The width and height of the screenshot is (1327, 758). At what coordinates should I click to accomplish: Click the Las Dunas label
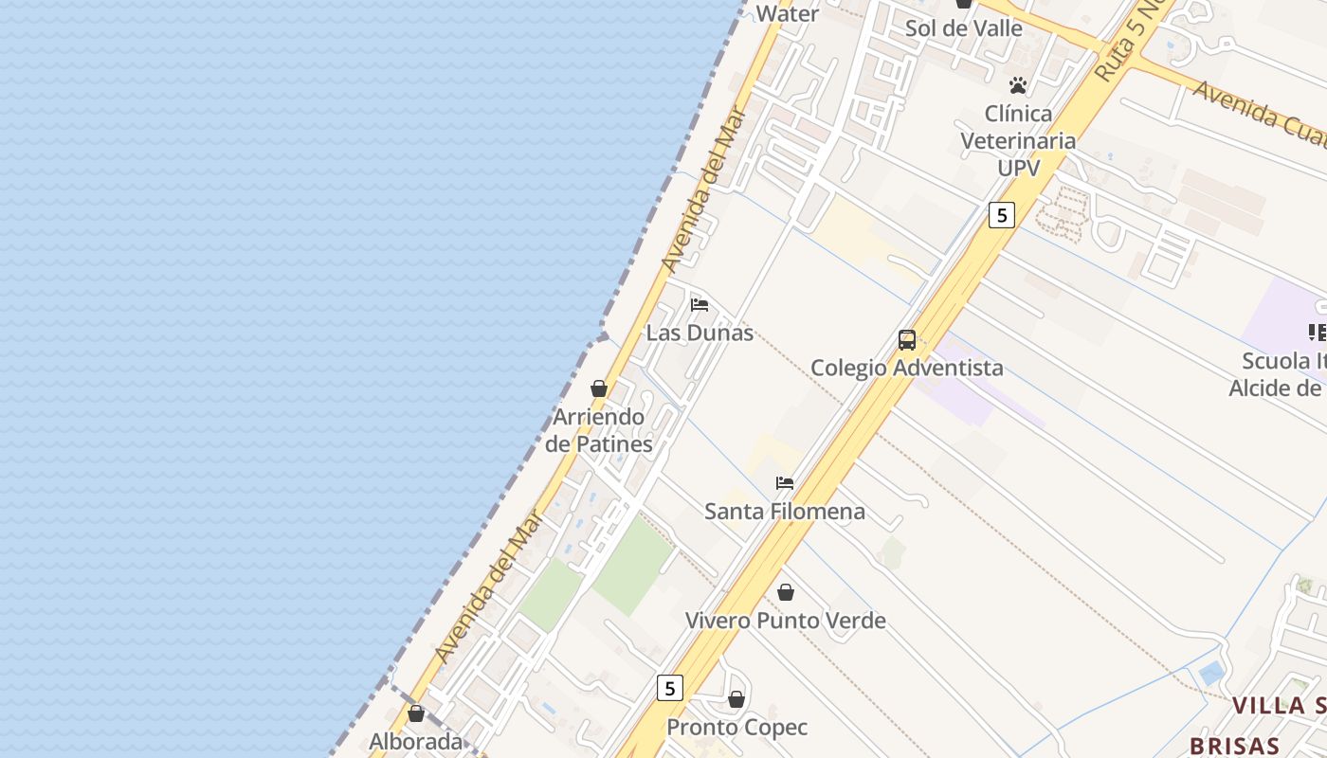tap(700, 333)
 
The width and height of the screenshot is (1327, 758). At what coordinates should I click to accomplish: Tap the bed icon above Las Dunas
tap(700, 305)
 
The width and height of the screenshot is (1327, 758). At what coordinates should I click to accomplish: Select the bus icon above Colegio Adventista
tap(907, 340)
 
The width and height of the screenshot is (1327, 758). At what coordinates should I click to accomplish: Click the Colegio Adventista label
tap(906, 368)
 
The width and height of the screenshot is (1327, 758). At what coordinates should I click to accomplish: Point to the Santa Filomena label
tap(784, 512)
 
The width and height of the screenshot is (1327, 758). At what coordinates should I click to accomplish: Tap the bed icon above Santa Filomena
tap(785, 483)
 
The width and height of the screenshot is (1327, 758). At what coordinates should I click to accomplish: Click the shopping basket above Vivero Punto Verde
tap(786, 593)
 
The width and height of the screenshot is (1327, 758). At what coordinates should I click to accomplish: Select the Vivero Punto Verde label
tap(785, 621)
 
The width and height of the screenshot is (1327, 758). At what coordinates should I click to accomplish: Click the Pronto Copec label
tap(736, 728)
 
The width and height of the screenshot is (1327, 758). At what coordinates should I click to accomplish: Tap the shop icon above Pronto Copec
tap(736, 700)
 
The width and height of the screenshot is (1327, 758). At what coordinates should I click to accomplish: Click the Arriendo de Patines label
tap(598, 430)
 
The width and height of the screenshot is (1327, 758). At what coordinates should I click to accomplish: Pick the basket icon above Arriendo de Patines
tap(599, 389)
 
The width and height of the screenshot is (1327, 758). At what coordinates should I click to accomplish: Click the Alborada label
tap(415, 741)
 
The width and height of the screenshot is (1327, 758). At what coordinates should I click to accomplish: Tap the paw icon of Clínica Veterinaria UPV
tap(1018, 86)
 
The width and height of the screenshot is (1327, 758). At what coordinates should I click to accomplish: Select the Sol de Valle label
tap(963, 28)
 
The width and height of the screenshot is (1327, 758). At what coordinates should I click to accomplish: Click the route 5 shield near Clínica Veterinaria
tap(1001, 215)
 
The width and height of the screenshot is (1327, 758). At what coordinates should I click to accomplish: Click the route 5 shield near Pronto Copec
tap(670, 688)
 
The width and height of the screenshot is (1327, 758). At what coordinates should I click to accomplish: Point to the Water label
tap(787, 13)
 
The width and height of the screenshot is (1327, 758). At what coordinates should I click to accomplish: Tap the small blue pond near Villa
tap(1210, 674)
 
